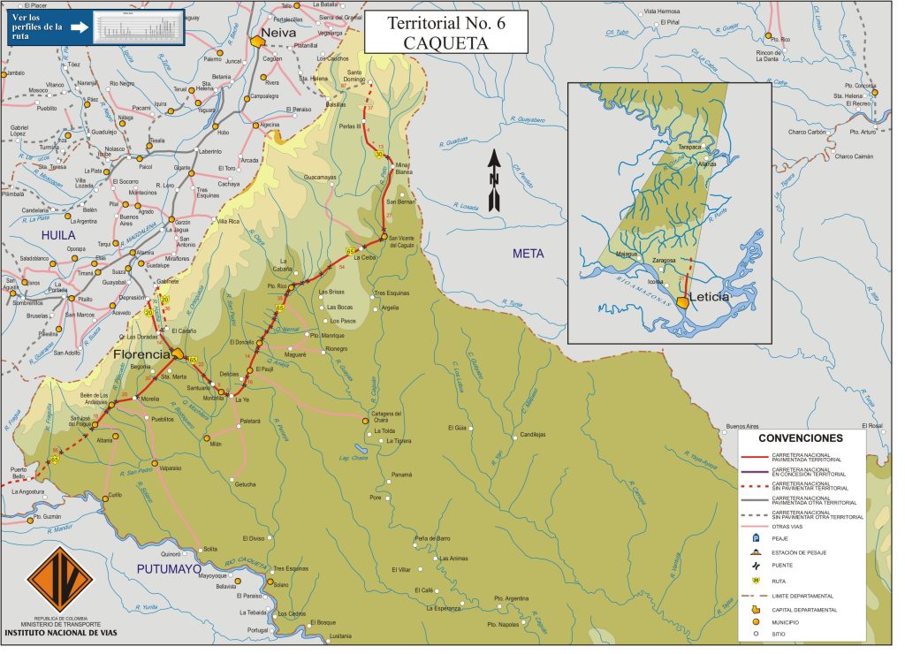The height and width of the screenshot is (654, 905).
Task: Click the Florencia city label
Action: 141,354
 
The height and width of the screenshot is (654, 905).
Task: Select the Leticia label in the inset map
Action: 711,297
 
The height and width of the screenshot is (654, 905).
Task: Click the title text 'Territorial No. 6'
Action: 446,24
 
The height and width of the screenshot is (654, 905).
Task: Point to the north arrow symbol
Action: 495,180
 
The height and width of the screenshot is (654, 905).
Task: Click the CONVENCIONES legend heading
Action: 801,437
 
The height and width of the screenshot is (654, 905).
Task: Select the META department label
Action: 529,254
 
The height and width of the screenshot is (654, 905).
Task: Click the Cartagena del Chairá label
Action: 386,415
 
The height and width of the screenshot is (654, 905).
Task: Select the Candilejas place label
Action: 533,434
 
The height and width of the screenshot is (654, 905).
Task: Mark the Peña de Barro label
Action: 432,538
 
